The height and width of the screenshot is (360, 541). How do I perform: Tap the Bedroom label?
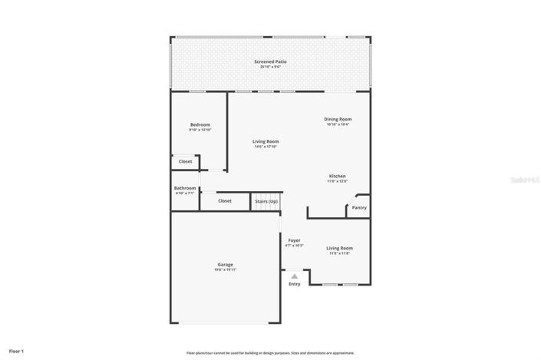200,124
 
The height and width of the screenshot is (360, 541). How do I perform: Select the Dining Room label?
338,119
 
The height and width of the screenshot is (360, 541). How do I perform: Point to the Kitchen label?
338,176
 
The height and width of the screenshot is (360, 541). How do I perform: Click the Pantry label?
359,207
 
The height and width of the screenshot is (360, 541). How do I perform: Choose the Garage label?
225,264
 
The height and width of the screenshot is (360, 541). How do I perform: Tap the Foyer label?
294,240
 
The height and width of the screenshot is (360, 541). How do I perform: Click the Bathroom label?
185,188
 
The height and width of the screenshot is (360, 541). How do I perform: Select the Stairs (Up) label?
266,201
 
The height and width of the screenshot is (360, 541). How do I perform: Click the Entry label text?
295,284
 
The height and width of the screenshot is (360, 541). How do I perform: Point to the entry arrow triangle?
294,276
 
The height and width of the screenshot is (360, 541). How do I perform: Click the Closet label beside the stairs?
225,201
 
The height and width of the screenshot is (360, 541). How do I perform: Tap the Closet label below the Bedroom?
185,161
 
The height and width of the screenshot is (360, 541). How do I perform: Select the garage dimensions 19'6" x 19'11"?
225,270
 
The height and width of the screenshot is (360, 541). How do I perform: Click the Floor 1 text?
16,351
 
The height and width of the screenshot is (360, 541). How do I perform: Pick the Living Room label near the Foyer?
339,248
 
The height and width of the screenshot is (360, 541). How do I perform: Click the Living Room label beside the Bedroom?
266,141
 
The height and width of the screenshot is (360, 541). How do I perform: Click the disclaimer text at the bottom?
270,352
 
